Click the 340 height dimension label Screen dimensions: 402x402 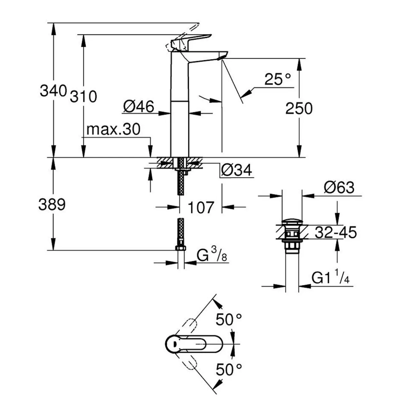(53, 91)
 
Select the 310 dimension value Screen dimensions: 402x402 (83, 96)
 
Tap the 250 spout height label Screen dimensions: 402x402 (299, 108)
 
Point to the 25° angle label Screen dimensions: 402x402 (278, 79)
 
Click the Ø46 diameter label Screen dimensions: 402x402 (139, 106)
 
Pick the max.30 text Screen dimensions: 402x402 (113, 129)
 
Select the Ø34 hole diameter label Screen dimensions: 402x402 (236, 170)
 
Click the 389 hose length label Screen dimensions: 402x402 (52, 205)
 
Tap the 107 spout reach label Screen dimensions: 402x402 (201, 207)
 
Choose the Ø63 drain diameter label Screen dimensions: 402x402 (339, 187)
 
